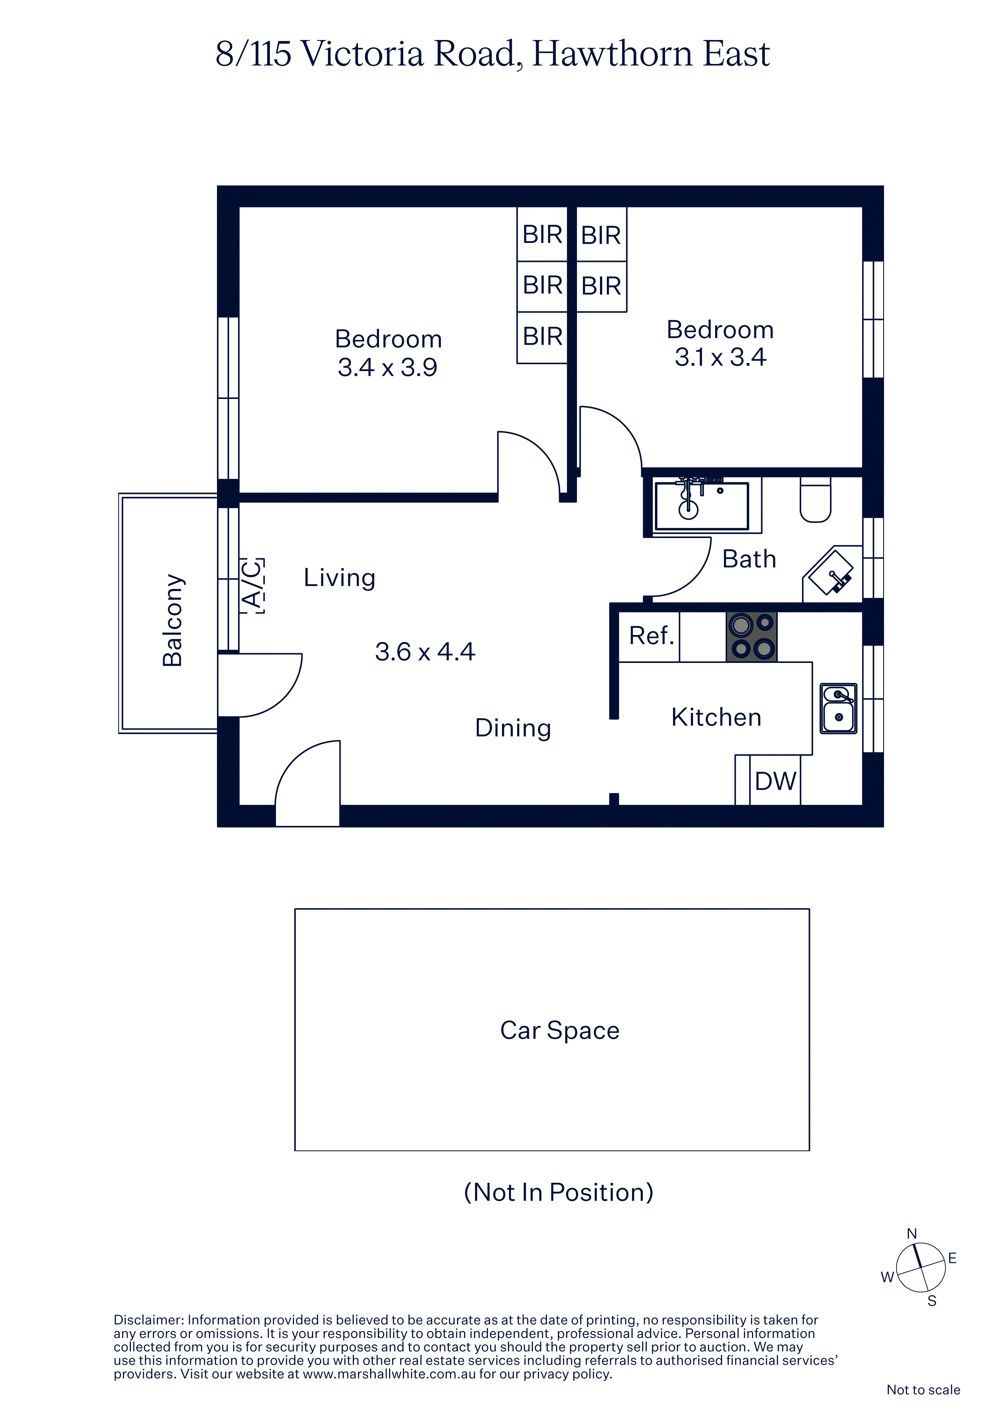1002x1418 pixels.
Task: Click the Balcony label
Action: tap(173, 620)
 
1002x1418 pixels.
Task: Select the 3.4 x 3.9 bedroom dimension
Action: tap(388, 367)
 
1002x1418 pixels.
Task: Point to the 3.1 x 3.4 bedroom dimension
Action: tap(720, 357)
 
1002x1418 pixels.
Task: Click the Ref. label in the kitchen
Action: tap(651, 635)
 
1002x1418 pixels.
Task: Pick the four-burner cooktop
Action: tap(751, 637)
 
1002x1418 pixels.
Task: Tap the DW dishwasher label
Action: tap(775, 781)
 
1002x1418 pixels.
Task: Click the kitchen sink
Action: tap(838, 708)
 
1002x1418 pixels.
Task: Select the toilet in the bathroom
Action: tap(816, 500)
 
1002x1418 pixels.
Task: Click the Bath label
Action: tap(749, 559)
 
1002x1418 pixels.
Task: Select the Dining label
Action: tap(513, 728)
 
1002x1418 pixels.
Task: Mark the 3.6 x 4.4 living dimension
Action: tap(425, 652)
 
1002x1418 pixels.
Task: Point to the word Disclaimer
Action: tap(148, 1320)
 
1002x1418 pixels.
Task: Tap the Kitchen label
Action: tap(716, 717)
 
